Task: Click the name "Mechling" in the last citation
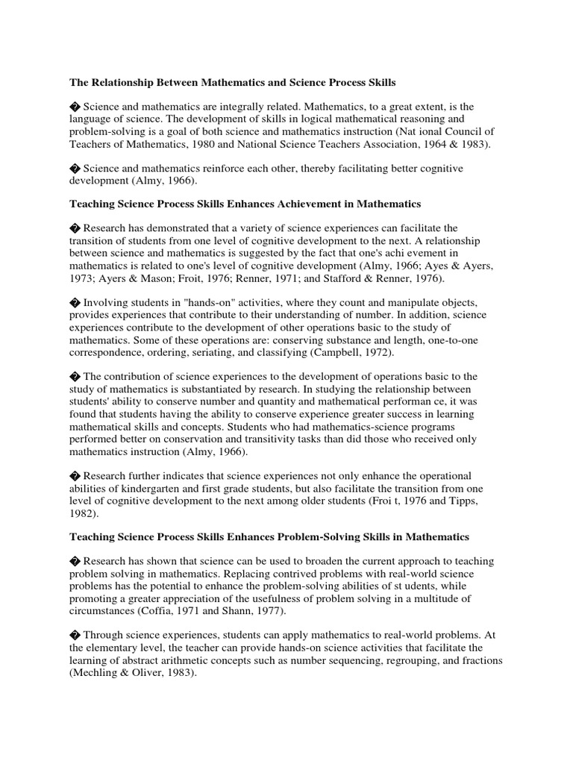[x=95, y=673]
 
